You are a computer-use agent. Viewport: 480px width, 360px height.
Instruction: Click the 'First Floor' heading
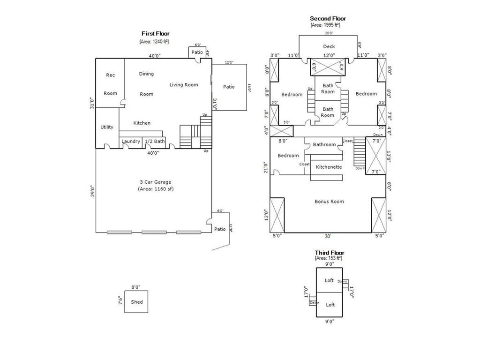pos(156,33)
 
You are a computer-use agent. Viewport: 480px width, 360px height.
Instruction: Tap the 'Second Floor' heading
pos(328,19)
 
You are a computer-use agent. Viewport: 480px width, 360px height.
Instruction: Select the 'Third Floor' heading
pos(329,253)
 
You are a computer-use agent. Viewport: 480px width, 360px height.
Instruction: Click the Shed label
pos(136,302)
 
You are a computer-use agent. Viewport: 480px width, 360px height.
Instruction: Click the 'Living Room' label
pos(184,85)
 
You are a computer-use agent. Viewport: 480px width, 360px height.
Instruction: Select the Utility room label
pos(107,127)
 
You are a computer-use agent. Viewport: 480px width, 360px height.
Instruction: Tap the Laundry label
pos(131,141)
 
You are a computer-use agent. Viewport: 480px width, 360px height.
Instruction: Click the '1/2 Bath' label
pos(154,141)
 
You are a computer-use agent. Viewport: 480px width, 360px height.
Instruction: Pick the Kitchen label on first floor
pos(142,123)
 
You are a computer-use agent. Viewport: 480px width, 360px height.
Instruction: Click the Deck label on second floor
pos(329,46)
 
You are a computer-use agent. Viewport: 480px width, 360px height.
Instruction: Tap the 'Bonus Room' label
pos(329,202)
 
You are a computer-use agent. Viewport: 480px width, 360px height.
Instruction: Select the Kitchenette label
pos(329,167)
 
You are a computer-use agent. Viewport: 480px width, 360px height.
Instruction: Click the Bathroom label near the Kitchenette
pos(324,144)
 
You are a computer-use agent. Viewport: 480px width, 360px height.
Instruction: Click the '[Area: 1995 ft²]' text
pos(325,25)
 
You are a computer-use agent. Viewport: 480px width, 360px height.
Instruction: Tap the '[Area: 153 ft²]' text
pos(329,258)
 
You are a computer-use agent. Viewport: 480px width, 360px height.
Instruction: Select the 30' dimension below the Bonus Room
pos(328,236)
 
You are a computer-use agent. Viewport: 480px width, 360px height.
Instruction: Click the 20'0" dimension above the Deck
pos(330,33)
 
